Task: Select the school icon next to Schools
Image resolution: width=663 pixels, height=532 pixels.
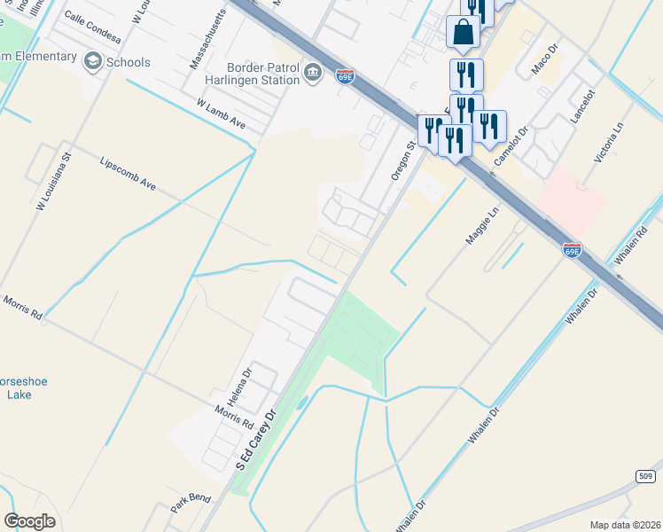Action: [x=92, y=62]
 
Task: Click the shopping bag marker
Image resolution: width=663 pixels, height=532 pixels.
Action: [x=464, y=33]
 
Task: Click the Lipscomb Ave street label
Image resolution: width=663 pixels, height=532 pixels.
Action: [x=129, y=175]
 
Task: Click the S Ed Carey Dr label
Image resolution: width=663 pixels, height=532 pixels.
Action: [x=256, y=439]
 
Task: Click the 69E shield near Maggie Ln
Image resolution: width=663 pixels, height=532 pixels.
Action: [x=573, y=252]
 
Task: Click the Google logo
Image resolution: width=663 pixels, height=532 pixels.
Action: [x=29, y=521]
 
